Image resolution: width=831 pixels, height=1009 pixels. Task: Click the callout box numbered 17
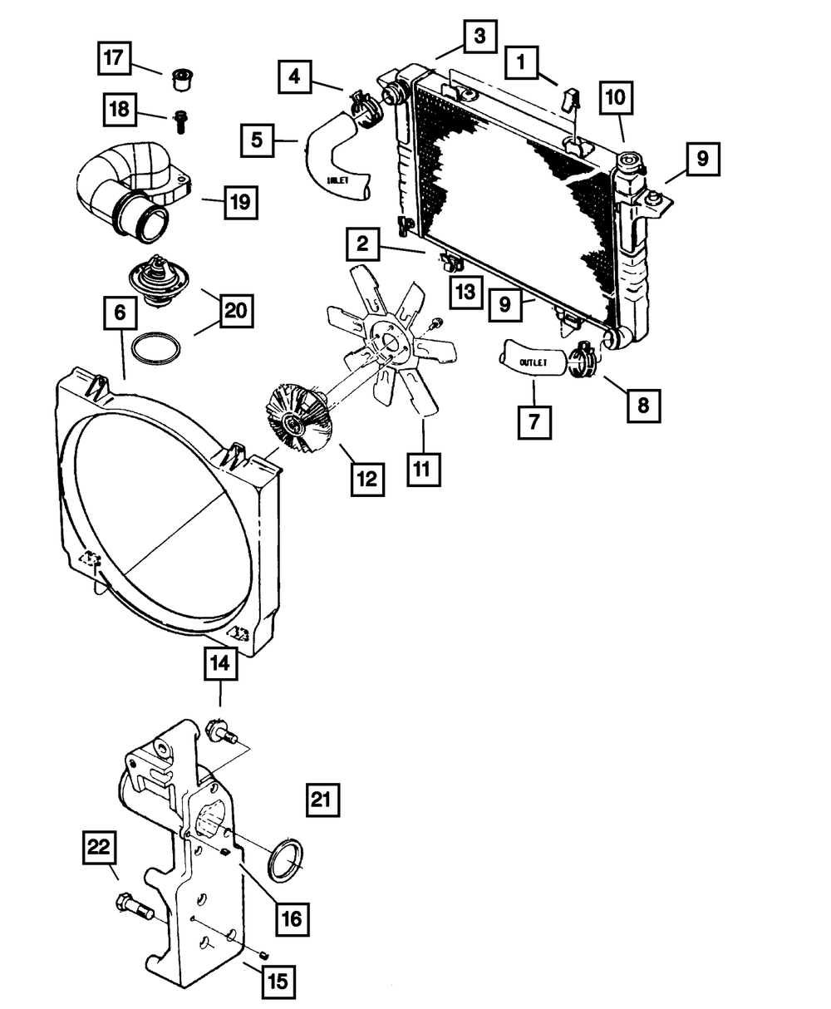pyautogui.click(x=115, y=59)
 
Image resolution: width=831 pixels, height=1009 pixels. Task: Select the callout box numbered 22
pyautogui.click(x=99, y=847)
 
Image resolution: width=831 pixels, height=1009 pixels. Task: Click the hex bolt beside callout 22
pyautogui.click(x=132, y=908)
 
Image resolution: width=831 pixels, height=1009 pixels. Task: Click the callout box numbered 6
pyautogui.click(x=120, y=314)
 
